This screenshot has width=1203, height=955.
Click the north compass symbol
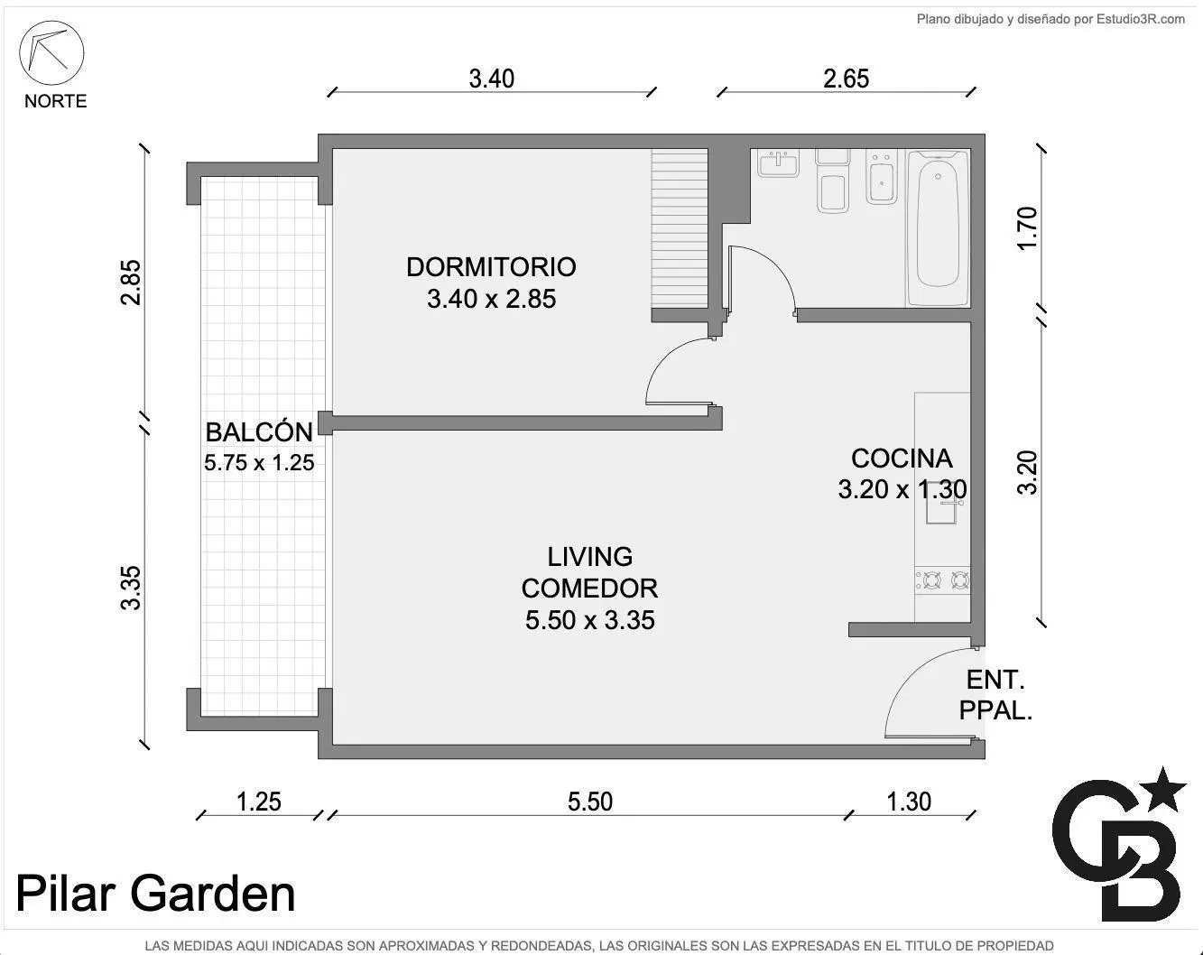51,53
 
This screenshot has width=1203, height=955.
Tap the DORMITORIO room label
491,267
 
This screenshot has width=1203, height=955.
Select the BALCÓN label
259,431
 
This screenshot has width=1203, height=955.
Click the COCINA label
902,459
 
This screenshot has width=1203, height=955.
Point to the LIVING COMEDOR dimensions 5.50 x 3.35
589,620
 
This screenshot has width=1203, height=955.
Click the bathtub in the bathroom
938,228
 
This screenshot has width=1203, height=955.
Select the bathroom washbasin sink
778,163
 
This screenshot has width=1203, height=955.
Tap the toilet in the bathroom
832,181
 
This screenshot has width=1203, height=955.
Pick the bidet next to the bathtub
882,177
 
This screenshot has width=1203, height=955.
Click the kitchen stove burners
942,580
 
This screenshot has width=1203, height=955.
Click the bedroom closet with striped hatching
680,228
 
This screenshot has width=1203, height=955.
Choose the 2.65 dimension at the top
846,79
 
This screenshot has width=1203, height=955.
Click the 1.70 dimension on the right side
1028,228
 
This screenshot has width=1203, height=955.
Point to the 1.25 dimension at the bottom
259,802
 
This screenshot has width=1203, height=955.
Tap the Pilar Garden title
155,894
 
